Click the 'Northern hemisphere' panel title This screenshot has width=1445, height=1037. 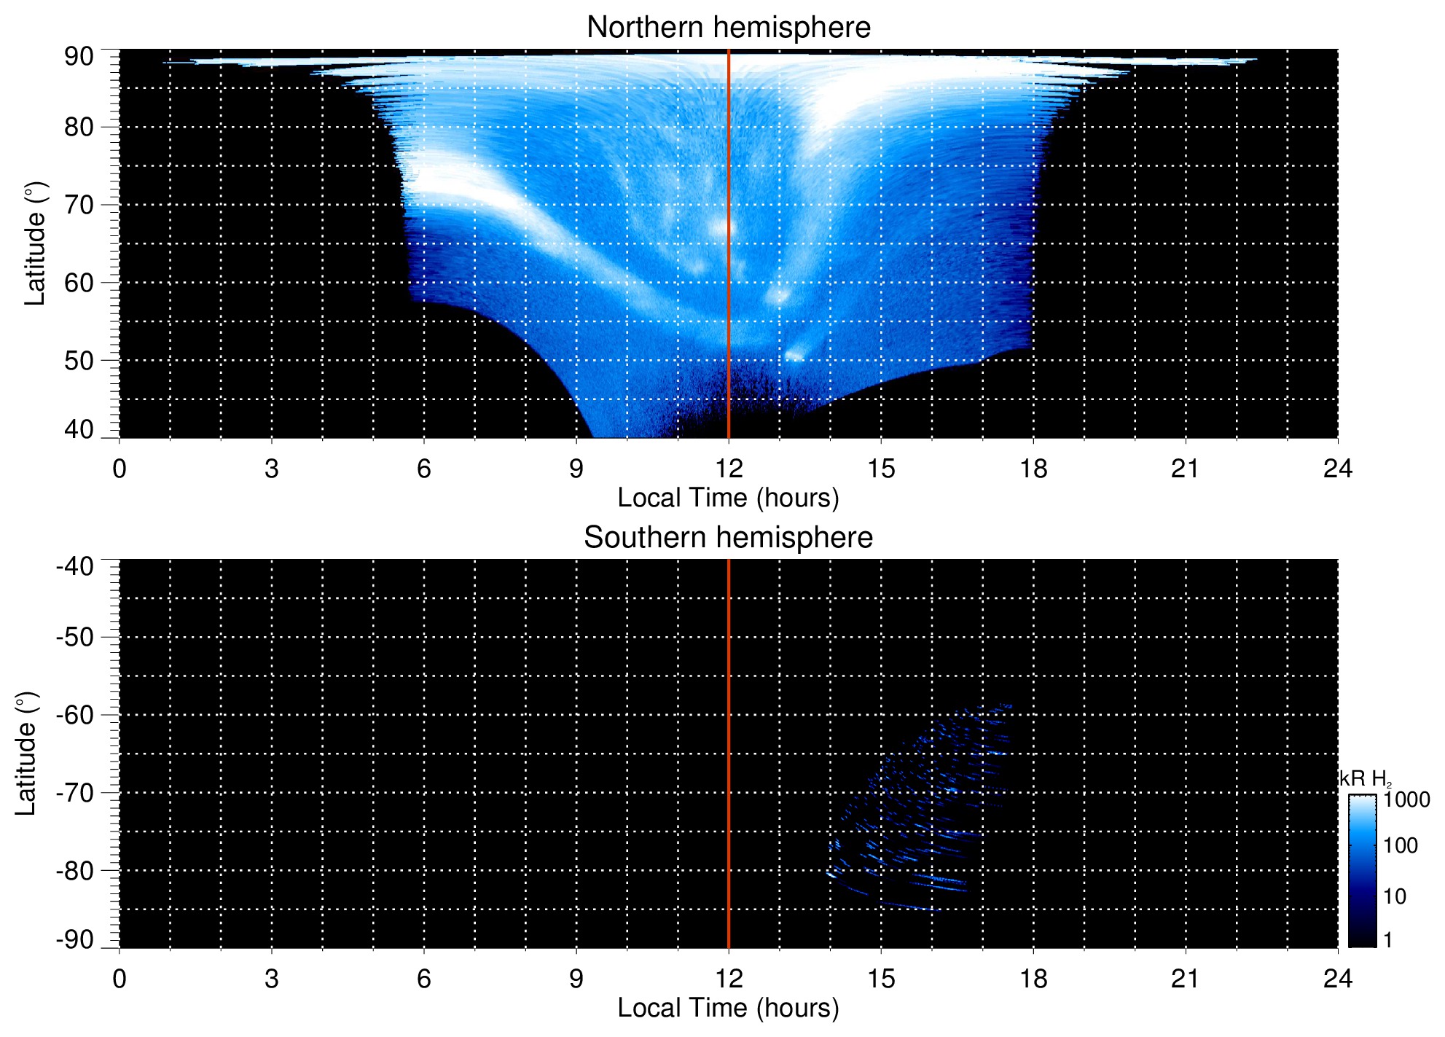click(728, 28)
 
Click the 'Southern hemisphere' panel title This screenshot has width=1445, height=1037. click(728, 538)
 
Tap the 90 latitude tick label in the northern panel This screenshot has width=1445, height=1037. click(79, 57)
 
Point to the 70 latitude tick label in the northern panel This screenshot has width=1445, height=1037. click(79, 205)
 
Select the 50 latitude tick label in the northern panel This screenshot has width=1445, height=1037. click(79, 361)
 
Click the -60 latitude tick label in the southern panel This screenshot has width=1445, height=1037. click(75, 715)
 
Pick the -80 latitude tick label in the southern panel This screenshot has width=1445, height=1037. click(75, 871)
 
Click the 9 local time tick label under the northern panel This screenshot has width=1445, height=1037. click(576, 469)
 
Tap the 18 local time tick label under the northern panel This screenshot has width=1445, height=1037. click(1033, 469)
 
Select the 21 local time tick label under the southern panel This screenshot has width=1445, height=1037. click(1186, 979)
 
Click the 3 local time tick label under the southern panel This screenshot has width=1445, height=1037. click(272, 979)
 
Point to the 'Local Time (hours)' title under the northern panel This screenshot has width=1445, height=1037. click(728, 498)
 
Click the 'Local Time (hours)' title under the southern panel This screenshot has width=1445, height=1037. click(728, 1008)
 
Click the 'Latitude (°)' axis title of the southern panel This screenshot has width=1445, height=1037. click(26, 754)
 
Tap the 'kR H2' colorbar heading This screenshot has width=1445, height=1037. click(1364, 779)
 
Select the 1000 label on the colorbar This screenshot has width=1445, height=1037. click(1406, 800)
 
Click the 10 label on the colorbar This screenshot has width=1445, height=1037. click(1395, 896)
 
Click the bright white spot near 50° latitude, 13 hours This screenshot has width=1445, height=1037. click(795, 355)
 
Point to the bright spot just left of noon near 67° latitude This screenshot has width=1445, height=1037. click(721, 228)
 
